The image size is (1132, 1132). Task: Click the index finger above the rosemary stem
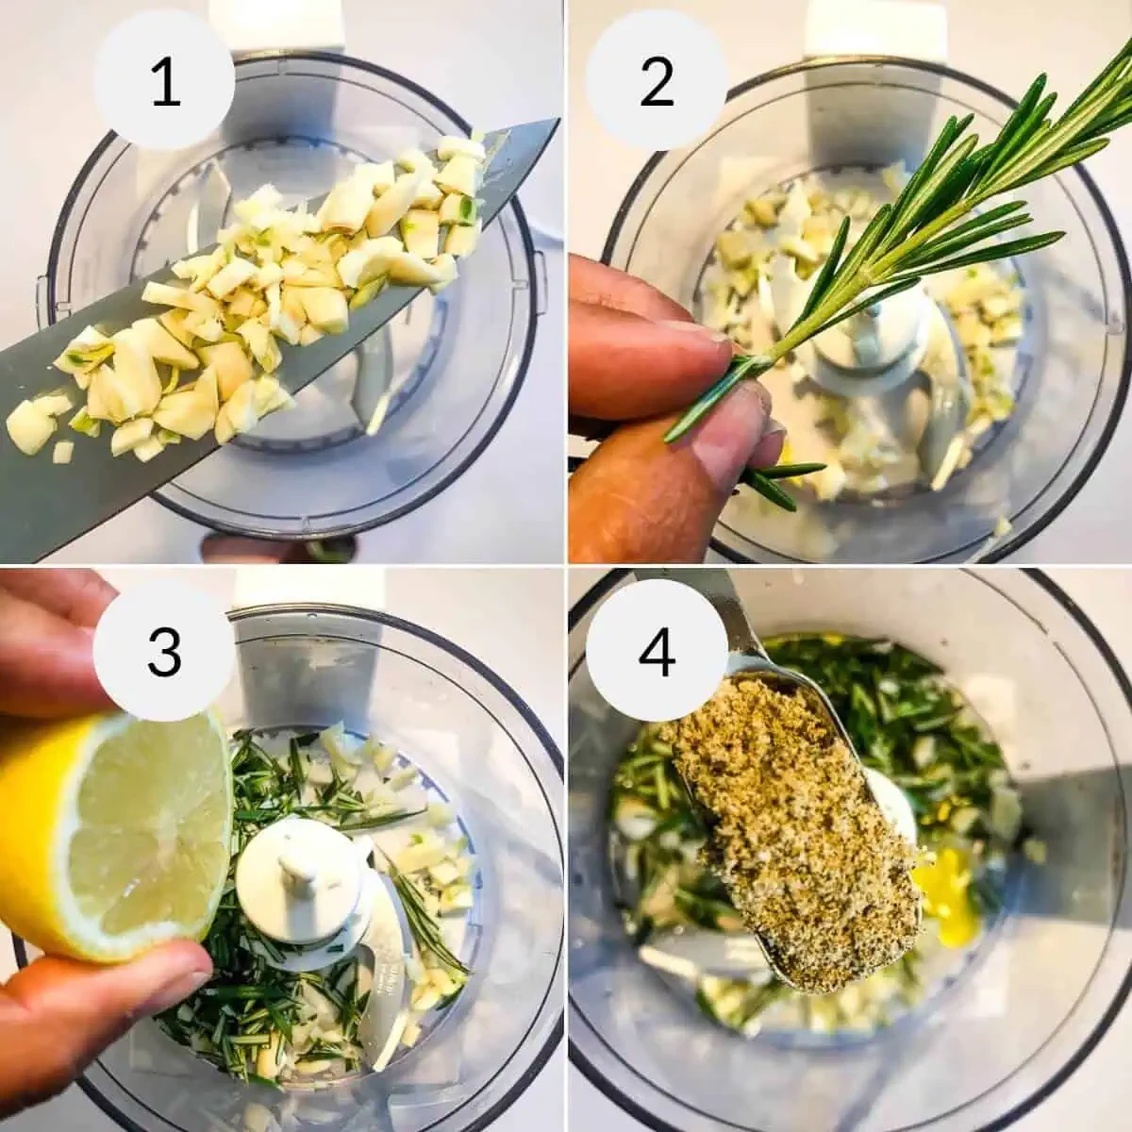pos(651,349)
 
